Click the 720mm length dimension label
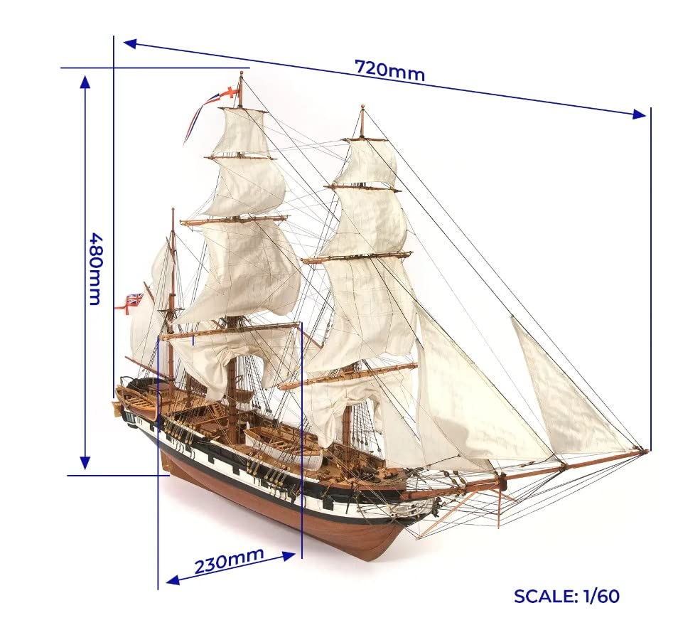389,70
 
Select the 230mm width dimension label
229,560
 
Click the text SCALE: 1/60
566,596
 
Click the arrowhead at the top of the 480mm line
85,80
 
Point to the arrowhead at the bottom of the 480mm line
85,464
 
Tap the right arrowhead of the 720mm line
640,114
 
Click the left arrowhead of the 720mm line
130,43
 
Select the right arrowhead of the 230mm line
289,556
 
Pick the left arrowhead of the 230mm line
173,580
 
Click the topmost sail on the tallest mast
242,132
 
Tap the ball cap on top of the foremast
362,107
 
